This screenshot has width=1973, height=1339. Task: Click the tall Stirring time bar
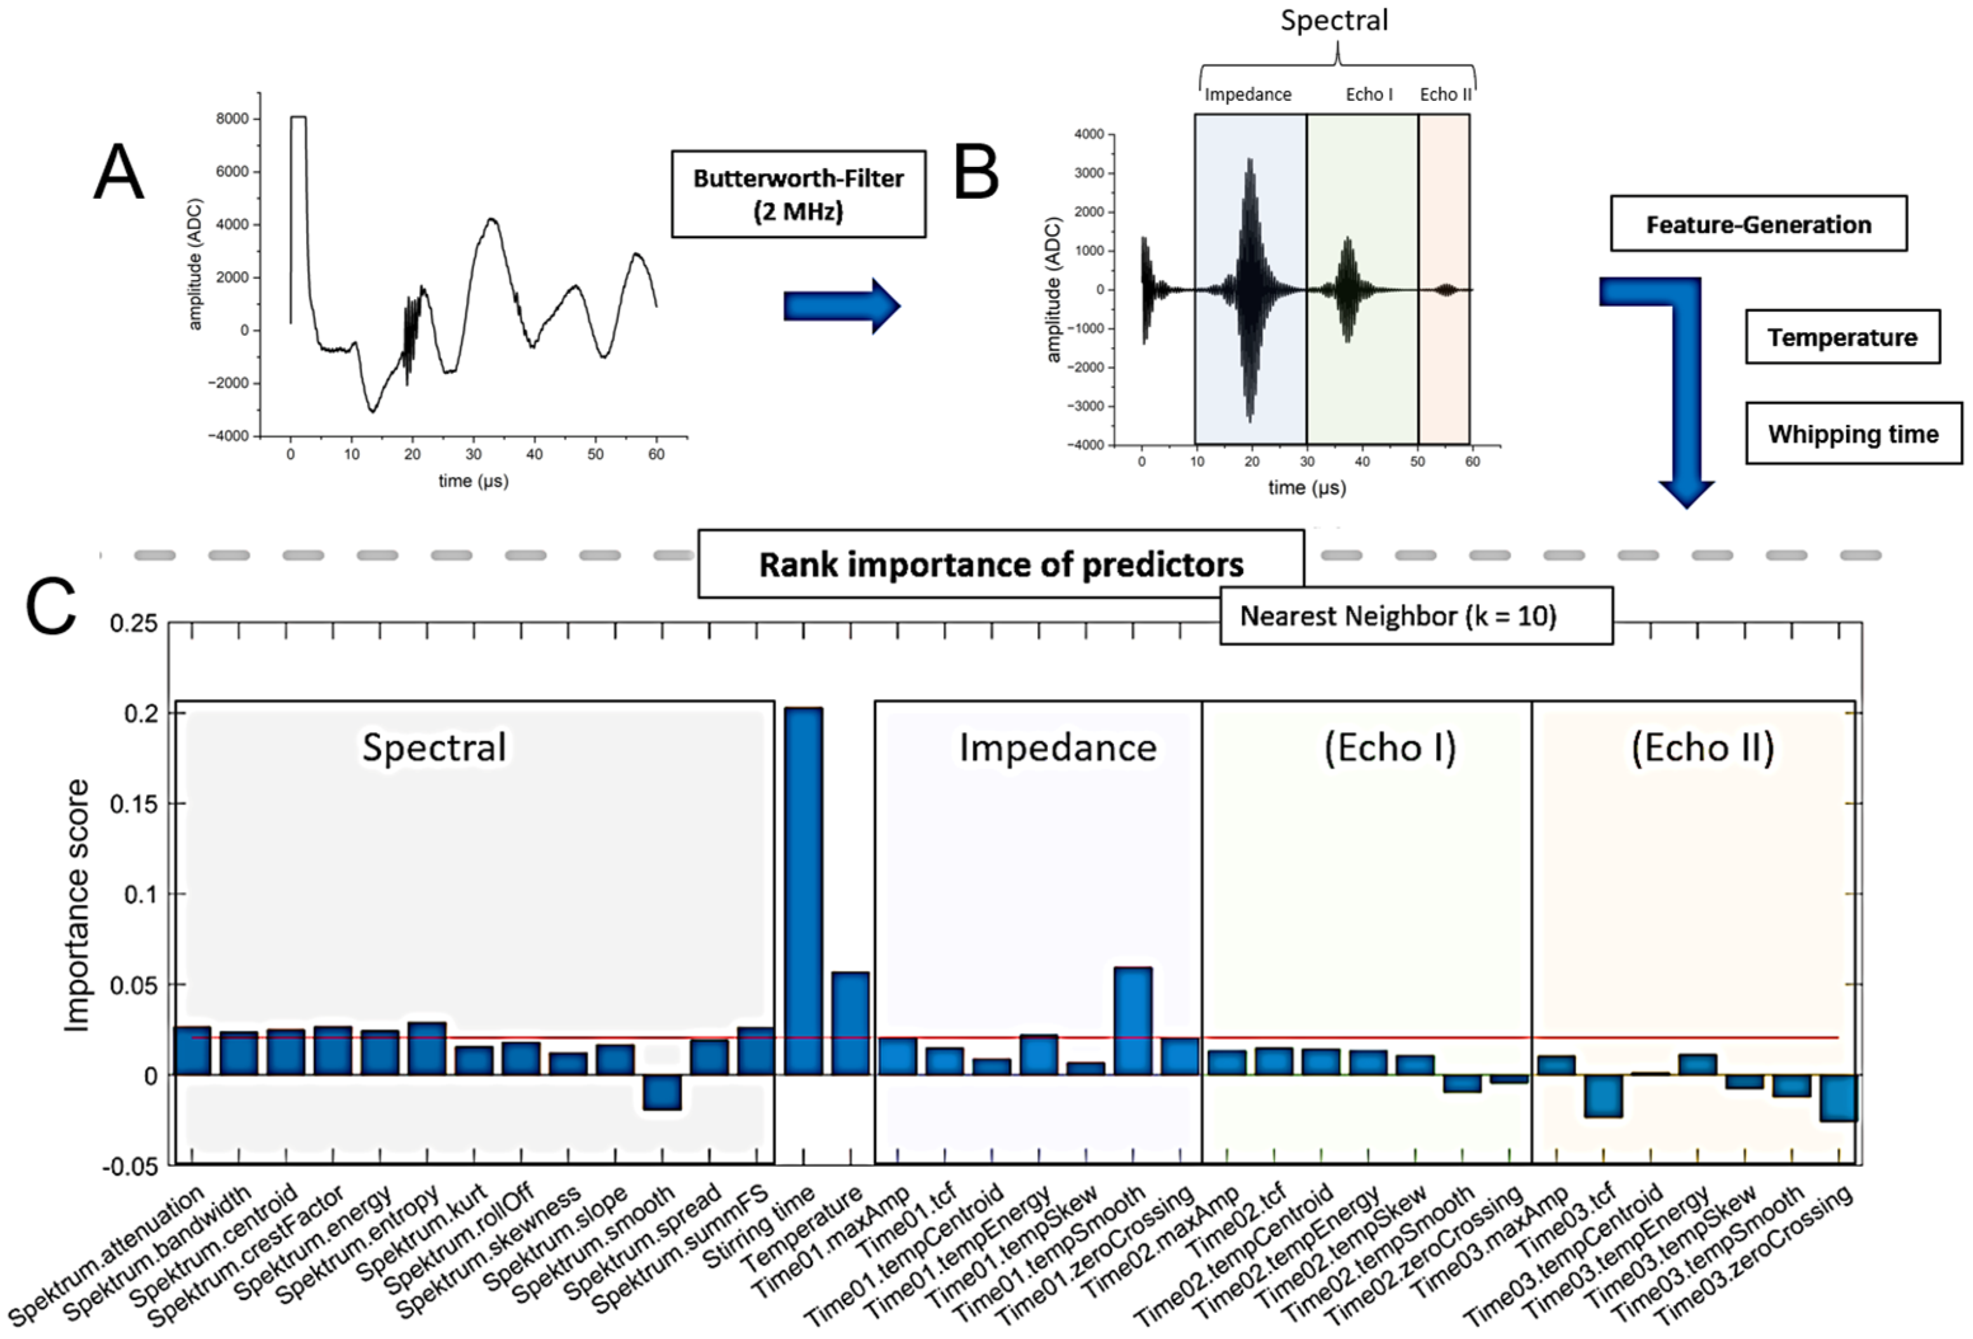(x=802, y=891)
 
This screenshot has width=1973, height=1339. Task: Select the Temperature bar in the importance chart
(x=850, y=1023)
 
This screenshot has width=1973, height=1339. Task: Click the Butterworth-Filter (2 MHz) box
(x=798, y=194)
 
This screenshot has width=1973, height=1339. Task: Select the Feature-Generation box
(x=1758, y=224)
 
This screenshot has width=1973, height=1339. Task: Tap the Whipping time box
(x=1853, y=434)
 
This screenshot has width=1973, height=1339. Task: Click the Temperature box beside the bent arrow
(x=1842, y=337)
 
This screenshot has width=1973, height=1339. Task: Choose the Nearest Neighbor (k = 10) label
(x=1398, y=616)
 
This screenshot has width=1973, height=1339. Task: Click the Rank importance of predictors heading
(x=1001, y=564)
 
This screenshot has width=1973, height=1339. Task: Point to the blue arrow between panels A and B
(x=840, y=305)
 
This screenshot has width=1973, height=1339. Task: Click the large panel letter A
(x=118, y=172)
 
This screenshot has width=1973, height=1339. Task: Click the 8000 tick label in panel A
(x=232, y=119)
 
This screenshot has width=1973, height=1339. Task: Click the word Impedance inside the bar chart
(x=1058, y=748)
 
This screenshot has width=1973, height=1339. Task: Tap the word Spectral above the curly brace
(x=1334, y=20)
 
